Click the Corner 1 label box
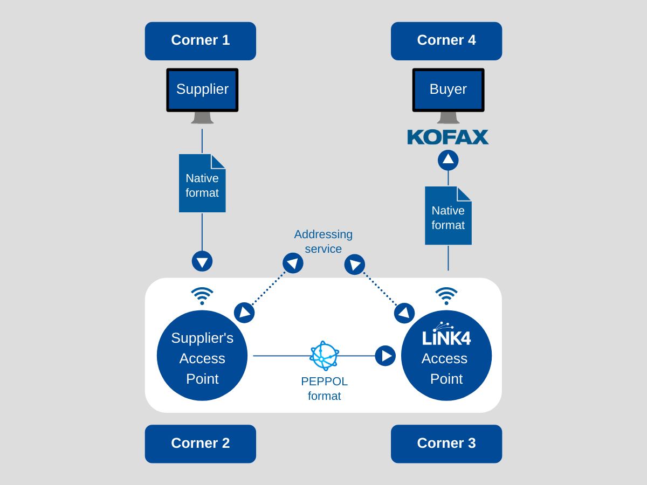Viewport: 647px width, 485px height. (200, 40)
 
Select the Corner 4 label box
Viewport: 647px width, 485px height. (446, 40)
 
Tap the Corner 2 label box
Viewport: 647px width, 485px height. (200, 444)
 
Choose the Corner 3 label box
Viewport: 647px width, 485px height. (446, 444)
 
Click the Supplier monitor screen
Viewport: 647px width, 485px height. (202, 89)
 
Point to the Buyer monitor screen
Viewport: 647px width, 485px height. (448, 89)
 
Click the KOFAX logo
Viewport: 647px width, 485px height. (448, 137)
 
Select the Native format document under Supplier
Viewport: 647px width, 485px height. (202, 184)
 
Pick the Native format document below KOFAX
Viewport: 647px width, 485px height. (448, 216)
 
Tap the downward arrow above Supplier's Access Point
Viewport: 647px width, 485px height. (202, 261)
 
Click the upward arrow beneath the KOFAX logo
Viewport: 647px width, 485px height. (448, 160)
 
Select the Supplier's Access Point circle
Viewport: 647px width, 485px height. (202, 356)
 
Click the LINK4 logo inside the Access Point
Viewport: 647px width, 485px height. (446, 335)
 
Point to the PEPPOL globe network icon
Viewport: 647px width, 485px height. (324, 356)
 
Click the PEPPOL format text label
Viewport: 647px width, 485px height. (324, 389)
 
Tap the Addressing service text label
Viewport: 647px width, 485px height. (323, 241)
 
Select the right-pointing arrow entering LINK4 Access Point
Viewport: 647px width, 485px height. (385, 356)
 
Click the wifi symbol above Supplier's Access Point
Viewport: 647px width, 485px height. (202, 296)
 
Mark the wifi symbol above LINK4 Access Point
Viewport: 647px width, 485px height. (446, 296)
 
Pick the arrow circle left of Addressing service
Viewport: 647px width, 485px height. (293, 263)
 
